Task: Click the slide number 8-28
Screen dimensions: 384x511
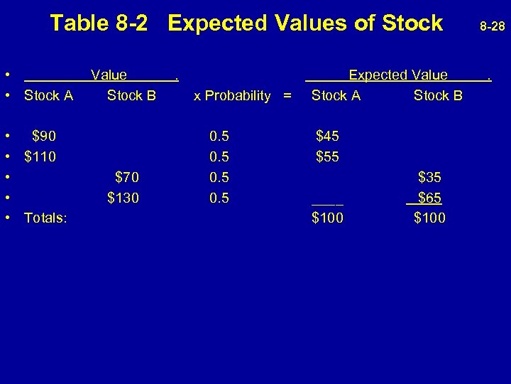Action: [492, 27]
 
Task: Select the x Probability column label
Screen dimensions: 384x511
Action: [232, 95]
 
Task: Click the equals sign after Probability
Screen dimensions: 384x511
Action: [287, 95]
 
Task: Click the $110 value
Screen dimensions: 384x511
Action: [40, 156]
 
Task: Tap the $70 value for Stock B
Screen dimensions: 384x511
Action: [127, 176]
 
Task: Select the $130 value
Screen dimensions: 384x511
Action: [123, 197]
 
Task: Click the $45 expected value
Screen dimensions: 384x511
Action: [327, 135]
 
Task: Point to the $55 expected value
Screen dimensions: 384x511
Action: [327, 156]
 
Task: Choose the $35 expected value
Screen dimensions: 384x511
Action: [430, 176]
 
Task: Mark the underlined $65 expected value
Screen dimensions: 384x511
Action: [429, 198]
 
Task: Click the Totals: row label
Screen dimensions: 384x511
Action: [45, 218]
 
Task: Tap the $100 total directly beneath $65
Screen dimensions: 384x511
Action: [430, 218]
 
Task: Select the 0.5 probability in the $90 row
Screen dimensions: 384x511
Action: [219, 135]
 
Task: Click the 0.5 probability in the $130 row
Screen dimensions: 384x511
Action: [219, 197]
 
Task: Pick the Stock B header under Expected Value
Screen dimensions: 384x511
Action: [438, 95]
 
